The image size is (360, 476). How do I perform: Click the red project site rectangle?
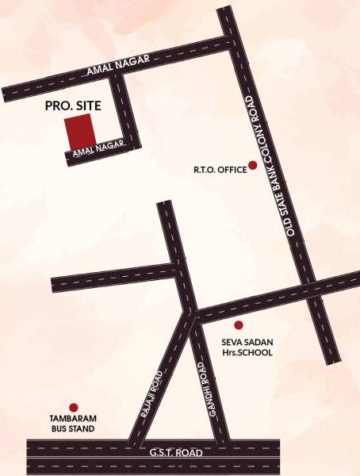[x=79, y=129]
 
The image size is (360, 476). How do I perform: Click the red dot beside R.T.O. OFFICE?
[x=253, y=165]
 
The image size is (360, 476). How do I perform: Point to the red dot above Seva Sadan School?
[x=237, y=324]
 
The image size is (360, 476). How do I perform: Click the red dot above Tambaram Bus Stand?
[x=73, y=406]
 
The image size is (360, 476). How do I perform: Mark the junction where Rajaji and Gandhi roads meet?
[x=190, y=315]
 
